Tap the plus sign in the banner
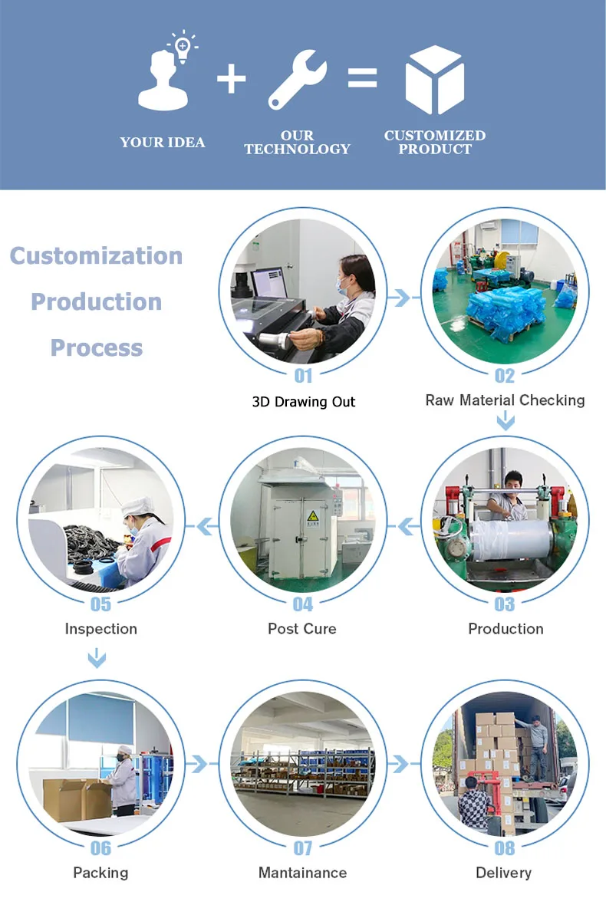point(231,80)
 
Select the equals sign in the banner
point(362,77)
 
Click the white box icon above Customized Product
point(434,80)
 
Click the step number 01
point(304,376)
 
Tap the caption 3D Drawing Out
point(304,402)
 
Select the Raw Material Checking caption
point(505,400)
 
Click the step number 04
point(304,604)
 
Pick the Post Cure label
point(302,629)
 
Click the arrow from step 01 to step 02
point(401,298)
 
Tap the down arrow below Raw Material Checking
point(505,420)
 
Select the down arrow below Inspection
point(97,657)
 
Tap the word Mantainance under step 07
point(302,873)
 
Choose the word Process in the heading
point(97,348)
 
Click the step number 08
point(504,848)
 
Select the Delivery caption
point(503,873)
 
